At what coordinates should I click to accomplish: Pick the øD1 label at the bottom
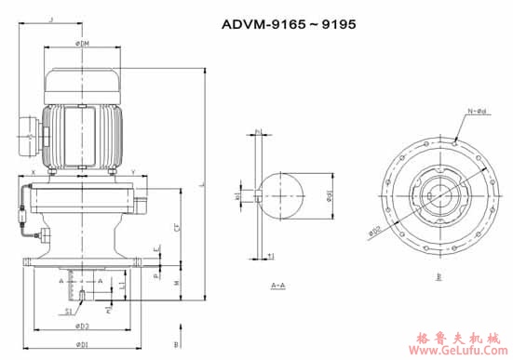[84, 345]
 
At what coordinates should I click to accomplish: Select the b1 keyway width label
[238, 196]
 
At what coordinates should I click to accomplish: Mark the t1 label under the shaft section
[269, 257]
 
